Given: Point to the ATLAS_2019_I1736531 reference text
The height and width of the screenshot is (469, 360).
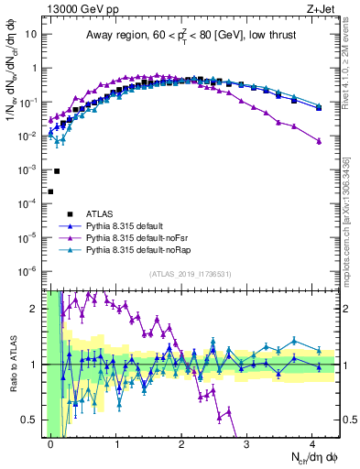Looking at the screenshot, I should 190,274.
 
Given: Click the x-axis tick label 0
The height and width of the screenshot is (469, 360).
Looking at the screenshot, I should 51,444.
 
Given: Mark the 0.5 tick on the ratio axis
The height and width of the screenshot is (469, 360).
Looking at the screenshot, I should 33,420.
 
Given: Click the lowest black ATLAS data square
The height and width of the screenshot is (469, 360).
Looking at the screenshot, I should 51,191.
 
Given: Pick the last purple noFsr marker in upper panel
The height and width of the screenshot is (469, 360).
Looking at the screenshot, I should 319,141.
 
